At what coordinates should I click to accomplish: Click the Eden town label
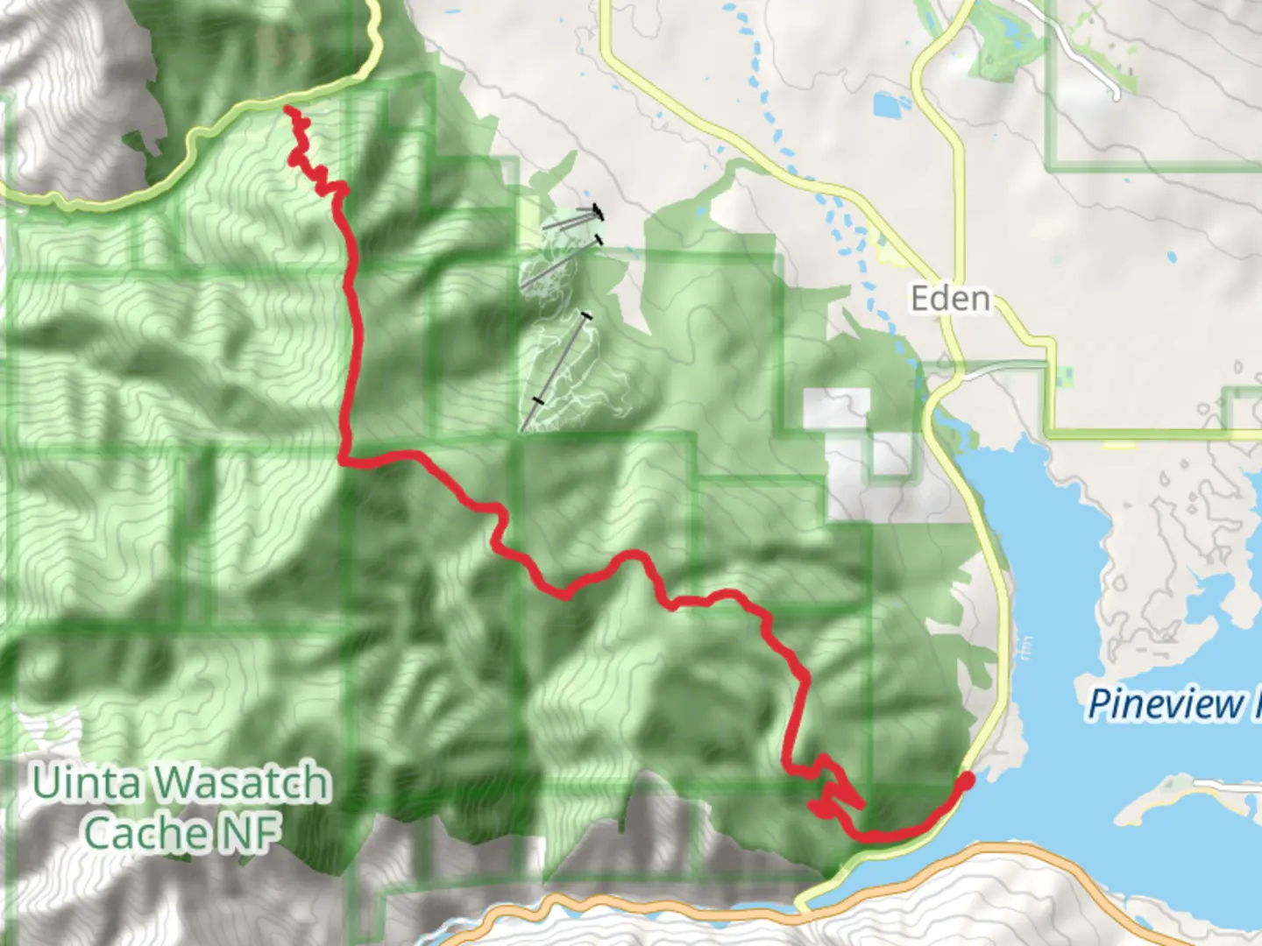point(950,299)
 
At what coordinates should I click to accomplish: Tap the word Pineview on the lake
point(1166,704)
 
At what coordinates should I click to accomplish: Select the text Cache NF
point(182,832)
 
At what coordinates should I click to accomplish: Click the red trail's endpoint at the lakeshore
point(967,778)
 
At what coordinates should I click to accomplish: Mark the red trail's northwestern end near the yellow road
point(287,109)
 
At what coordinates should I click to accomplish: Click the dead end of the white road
point(1117,94)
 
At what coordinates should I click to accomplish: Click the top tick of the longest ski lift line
point(586,315)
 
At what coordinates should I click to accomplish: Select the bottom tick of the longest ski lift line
point(537,400)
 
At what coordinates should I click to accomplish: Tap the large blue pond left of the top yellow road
point(891,106)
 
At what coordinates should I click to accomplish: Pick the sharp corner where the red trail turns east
point(344,456)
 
